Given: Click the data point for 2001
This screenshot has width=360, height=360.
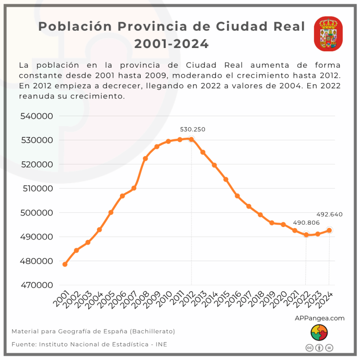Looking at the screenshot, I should point(65,264).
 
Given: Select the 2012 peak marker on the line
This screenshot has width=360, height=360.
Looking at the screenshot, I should point(192,139).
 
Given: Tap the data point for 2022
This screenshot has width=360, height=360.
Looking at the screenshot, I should point(306,235).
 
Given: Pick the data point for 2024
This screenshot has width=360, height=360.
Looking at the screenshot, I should point(329,230).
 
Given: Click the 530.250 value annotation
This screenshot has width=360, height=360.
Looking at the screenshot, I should point(192,130).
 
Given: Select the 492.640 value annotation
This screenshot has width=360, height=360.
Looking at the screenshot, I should point(329,215).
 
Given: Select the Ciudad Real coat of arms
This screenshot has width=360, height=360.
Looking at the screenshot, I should point(328,34).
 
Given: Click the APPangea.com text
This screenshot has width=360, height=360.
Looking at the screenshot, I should point(319,318).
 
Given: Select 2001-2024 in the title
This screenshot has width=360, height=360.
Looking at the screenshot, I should point(171,44).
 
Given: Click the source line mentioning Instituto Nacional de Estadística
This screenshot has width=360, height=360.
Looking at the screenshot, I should point(89,344).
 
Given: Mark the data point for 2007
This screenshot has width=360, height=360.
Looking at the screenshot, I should point(134,188).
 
